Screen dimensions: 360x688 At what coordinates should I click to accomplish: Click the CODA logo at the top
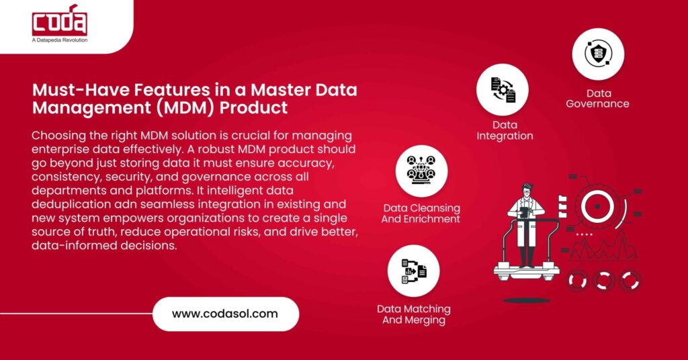(x=59, y=23)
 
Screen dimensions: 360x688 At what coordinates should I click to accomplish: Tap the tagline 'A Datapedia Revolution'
(x=60, y=40)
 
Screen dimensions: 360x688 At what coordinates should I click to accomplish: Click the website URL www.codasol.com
(x=225, y=314)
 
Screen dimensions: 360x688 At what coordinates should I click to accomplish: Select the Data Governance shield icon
(x=598, y=54)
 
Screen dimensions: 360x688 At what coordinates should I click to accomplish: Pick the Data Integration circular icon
(x=503, y=90)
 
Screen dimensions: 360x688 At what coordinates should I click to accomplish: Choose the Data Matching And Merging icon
(x=414, y=271)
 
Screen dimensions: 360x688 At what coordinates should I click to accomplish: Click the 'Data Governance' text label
(x=597, y=99)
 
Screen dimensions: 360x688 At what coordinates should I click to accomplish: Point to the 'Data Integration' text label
(x=505, y=130)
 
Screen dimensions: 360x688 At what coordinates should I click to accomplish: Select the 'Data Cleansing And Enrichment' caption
(x=421, y=214)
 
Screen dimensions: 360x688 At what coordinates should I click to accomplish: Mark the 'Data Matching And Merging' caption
(x=413, y=314)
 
